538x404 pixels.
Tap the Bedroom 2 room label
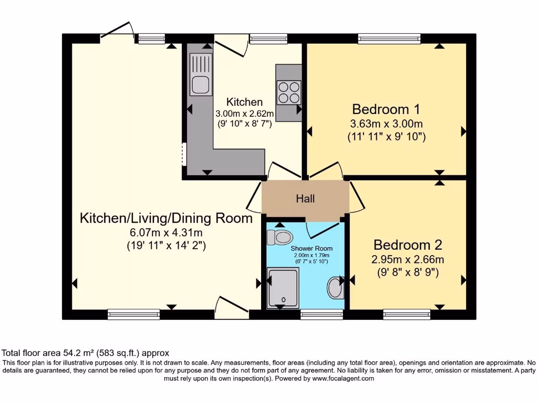point(408,245)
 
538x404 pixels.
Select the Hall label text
point(305,199)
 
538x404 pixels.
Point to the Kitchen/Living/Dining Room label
point(166,218)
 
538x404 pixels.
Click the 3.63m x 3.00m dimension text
point(386,124)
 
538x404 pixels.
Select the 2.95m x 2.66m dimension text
point(408,259)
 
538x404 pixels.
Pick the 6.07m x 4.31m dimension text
point(166,232)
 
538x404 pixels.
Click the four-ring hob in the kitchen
point(288,93)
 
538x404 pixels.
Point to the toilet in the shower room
point(278,237)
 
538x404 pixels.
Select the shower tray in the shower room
point(283,287)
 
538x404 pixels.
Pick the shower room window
point(322,315)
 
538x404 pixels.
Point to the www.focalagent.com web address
point(343,378)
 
